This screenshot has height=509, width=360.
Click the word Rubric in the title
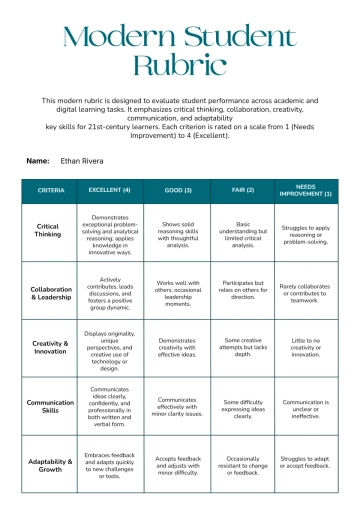point(180,67)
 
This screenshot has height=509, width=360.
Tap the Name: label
point(38,160)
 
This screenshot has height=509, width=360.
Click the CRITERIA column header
point(51,190)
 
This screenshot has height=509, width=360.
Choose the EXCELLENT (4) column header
point(110,190)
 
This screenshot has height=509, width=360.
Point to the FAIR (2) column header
point(243,190)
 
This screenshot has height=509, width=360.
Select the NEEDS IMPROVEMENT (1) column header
point(307,190)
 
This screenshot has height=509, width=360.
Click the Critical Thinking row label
point(51,231)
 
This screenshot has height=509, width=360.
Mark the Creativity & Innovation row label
point(51,347)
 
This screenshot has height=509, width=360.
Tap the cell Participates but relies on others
point(243,290)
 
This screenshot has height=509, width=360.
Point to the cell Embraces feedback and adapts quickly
point(110,464)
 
